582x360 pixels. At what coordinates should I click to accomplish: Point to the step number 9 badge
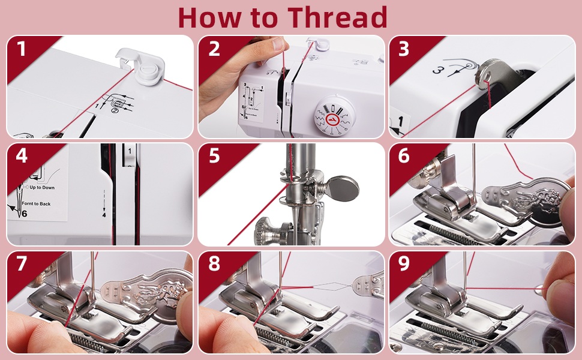pos(404,263)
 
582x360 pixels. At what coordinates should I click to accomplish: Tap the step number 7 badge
pos(22,263)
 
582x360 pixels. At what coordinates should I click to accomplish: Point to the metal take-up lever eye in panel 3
pos(484,76)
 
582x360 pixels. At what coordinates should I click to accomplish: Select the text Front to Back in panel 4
pos(36,204)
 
